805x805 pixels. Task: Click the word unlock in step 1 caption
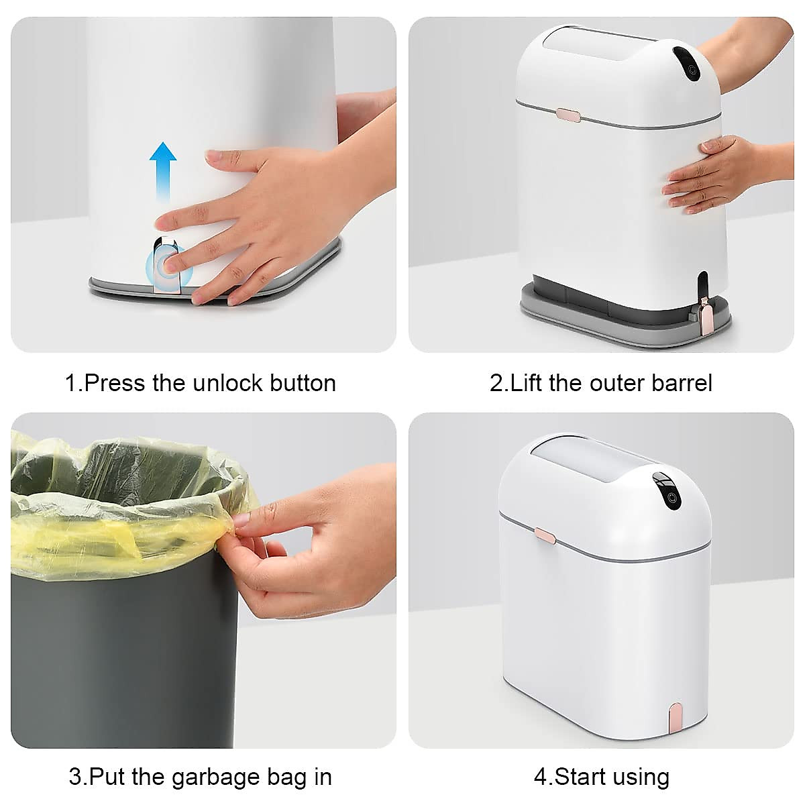tap(228, 383)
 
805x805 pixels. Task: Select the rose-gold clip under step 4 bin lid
tap(545, 535)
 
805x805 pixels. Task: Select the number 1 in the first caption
tap(70, 383)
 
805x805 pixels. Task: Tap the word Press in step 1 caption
tap(115, 383)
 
